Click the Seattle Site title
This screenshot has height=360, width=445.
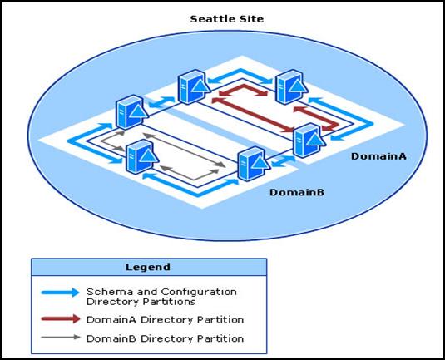[227, 19]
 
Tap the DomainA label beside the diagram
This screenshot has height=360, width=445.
[378, 156]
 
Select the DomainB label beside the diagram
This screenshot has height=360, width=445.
[297, 192]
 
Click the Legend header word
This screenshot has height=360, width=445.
[148, 267]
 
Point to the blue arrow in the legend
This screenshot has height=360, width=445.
[60, 293]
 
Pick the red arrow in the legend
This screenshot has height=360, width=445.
[61, 319]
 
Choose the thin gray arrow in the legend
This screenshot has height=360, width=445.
[61, 338]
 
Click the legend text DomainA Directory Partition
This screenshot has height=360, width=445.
[165, 320]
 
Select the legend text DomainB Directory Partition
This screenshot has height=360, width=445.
[165, 338]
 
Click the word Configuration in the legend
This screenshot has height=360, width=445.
[199, 292]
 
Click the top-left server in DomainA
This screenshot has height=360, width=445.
[194, 86]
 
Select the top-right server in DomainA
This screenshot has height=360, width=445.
[291, 87]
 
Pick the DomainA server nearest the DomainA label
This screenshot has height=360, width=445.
[309, 141]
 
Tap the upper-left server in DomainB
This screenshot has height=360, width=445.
[131, 112]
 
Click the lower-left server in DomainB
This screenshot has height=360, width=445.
[141, 156]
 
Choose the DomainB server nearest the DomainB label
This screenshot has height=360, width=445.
[254, 164]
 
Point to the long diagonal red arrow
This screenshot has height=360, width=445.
[254, 115]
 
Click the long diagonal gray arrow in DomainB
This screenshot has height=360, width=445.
[185, 150]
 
